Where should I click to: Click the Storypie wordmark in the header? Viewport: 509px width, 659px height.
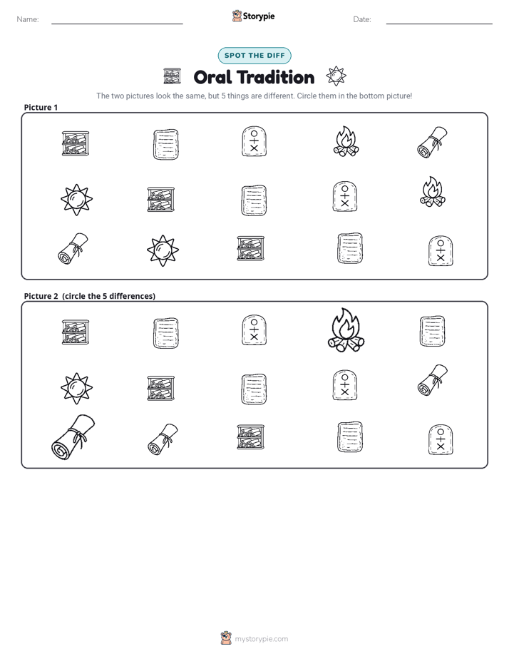coord(259,16)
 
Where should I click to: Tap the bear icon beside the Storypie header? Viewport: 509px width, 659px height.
coord(237,16)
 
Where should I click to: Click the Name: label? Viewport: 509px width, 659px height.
coord(28,19)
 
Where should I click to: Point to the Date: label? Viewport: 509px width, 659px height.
coord(362,19)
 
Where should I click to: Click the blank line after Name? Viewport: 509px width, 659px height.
coord(117,24)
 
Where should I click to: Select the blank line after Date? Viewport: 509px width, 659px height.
coord(439,24)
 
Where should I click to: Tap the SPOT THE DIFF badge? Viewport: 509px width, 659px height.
coord(254,56)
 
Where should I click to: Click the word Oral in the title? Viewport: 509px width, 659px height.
coord(213,77)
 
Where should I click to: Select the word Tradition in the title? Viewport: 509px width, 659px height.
coord(275,77)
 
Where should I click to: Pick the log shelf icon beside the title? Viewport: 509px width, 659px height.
coord(173,76)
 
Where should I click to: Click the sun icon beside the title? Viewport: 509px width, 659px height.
coord(336,76)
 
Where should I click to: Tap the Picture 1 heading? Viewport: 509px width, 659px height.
coord(41,107)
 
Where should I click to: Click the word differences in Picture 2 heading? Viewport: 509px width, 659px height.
coord(130,296)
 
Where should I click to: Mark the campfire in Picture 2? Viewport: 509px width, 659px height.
coord(346,330)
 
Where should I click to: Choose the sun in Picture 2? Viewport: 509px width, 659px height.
coord(76,388)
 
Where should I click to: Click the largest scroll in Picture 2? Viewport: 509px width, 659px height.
coord(73,437)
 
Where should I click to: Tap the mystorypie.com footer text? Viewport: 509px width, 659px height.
coord(261,639)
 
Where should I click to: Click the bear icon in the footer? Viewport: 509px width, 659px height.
coord(226,638)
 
